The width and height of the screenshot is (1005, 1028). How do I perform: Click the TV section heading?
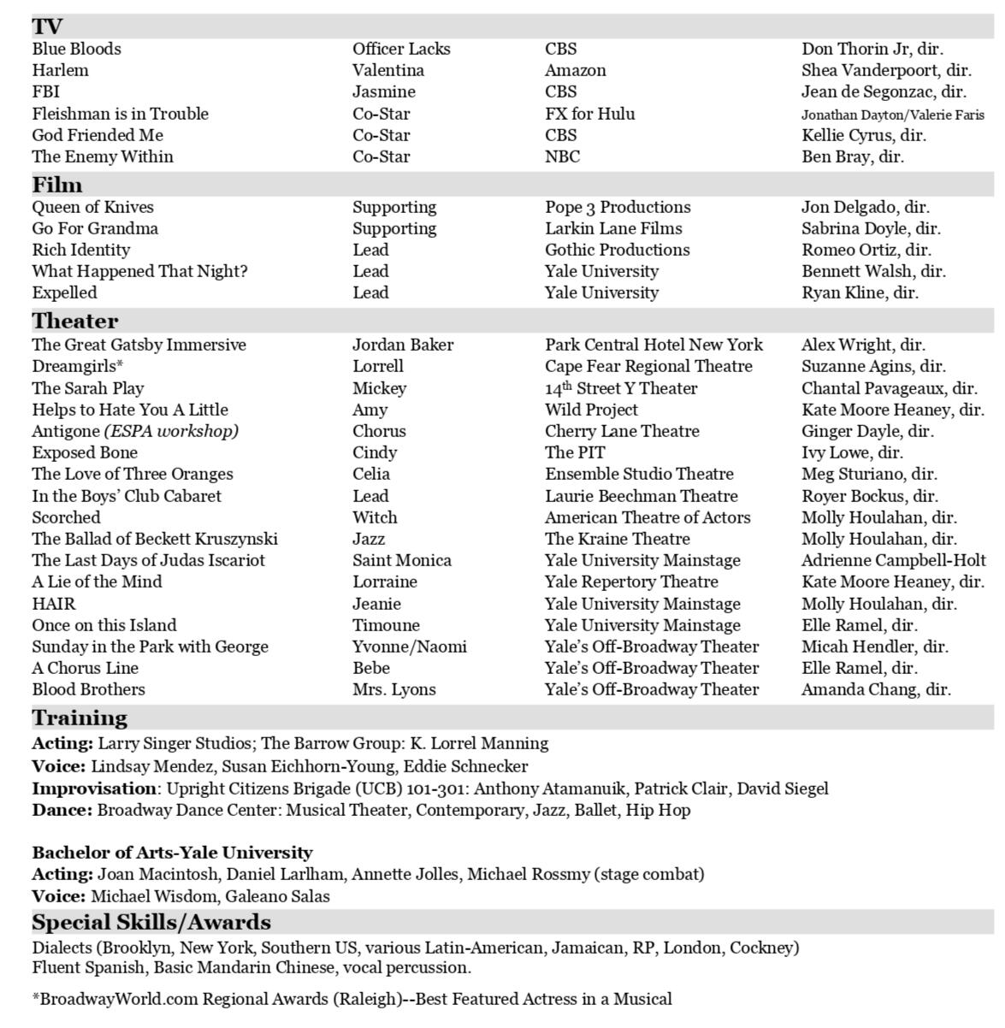(x=47, y=26)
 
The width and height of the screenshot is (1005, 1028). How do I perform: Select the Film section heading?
(x=57, y=185)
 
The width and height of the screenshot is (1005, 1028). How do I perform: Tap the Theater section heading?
(x=75, y=321)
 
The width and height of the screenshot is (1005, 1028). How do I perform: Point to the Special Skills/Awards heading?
(x=151, y=922)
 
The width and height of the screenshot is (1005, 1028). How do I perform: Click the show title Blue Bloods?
(x=77, y=49)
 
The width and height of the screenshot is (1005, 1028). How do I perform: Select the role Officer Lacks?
(x=401, y=49)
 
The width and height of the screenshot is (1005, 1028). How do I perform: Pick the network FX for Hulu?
(x=590, y=114)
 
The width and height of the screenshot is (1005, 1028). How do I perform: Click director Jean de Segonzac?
(x=884, y=92)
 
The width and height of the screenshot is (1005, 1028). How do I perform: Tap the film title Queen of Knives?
(x=93, y=207)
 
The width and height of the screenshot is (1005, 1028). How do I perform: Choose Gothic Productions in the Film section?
(x=618, y=250)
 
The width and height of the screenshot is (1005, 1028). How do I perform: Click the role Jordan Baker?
(x=403, y=345)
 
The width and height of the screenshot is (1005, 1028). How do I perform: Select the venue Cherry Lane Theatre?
(x=622, y=431)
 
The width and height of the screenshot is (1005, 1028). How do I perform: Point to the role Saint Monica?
(x=402, y=560)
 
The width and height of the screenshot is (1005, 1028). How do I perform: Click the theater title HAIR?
(x=54, y=604)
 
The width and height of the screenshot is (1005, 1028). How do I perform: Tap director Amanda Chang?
(x=876, y=689)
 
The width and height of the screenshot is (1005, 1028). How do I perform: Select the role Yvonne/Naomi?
(x=410, y=647)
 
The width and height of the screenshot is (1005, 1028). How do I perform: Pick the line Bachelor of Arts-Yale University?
(x=172, y=853)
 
